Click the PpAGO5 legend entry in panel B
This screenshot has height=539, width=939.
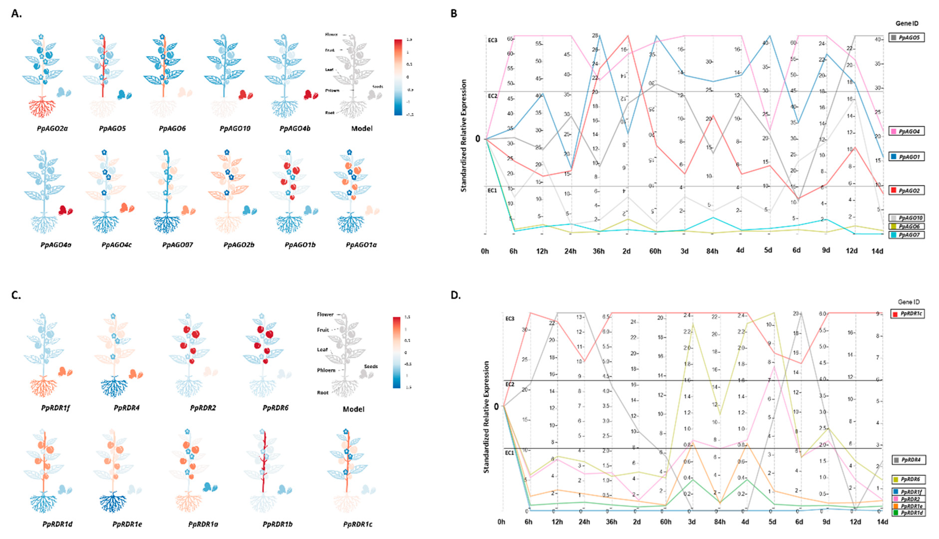[x=906, y=37]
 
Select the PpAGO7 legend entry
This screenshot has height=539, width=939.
[x=906, y=235]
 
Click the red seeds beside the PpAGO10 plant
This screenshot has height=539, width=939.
[x=245, y=95]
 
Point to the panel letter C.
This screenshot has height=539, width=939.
[x=16, y=295]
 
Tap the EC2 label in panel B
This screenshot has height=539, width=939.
[x=493, y=96]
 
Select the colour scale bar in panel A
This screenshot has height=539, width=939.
[x=398, y=77]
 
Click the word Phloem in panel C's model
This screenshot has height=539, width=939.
[x=326, y=370]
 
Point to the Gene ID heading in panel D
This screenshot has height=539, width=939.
[x=909, y=302]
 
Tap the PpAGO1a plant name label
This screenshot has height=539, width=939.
[x=361, y=245]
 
